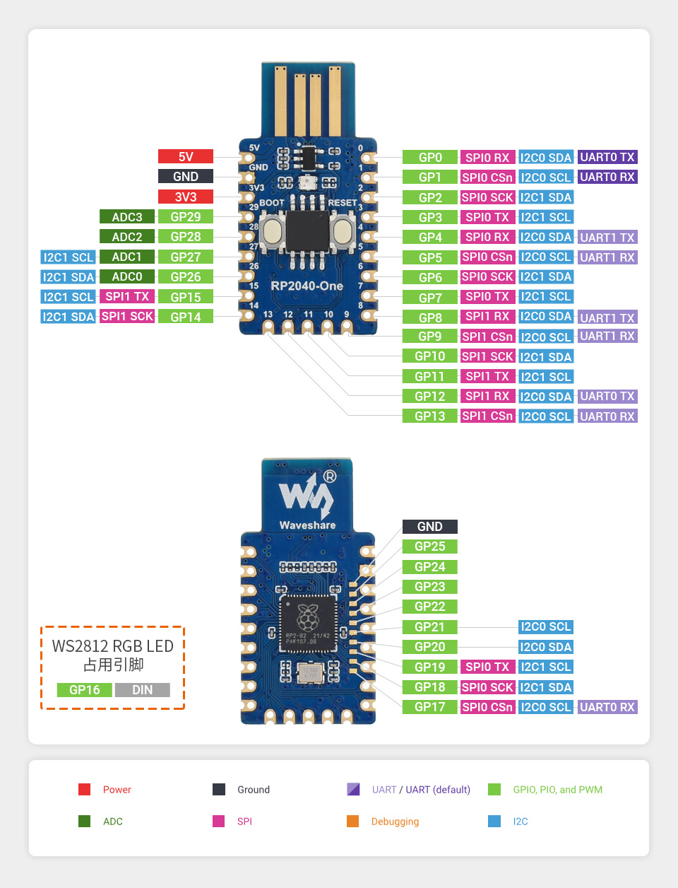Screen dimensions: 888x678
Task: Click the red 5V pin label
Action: (185, 157)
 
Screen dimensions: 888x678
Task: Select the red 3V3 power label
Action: (185, 197)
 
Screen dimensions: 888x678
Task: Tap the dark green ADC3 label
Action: (127, 217)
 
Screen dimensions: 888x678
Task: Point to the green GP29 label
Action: (185, 217)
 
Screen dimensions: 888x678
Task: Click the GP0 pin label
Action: (429, 158)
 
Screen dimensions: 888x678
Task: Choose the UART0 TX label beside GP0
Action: (607, 158)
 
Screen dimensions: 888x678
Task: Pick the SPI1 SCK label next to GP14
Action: (127, 317)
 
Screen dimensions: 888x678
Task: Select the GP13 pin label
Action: (429, 416)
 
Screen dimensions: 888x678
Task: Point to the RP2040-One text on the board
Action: (307, 286)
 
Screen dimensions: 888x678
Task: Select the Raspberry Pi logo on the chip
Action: (308, 618)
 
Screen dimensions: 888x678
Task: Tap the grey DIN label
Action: (142, 690)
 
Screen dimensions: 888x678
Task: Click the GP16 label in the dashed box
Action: (84, 690)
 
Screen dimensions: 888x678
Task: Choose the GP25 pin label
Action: (429, 547)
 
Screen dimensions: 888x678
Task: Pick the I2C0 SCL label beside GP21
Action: (545, 627)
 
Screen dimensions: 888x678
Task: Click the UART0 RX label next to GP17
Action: (607, 707)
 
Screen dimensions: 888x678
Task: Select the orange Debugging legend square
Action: (353, 821)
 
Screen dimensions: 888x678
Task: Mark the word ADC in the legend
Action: (113, 822)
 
